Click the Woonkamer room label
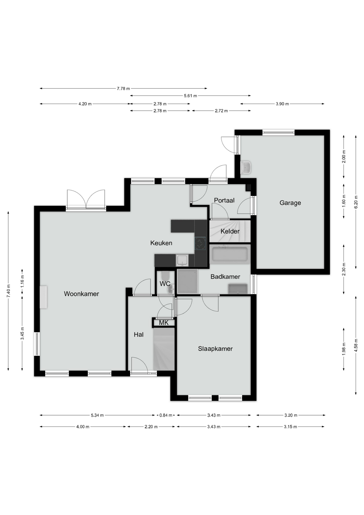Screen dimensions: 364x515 (81, 294)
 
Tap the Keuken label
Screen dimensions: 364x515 (161, 243)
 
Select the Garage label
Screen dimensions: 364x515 (290, 203)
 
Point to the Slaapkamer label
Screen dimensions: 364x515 (215, 349)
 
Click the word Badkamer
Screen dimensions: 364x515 (225, 277)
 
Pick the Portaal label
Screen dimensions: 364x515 (224, 200)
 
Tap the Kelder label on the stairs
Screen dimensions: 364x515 (230, 231)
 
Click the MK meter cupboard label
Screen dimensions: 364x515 (164, 323)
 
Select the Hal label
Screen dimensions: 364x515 (139, 334)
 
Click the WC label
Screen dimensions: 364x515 (165, 284)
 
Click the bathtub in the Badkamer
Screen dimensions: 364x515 (230, 254)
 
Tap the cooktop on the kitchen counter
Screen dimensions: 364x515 (200, 244)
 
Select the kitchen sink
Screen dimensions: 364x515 (182, 260)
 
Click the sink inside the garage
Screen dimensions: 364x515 (246, 168)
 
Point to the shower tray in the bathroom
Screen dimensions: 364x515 (187, 281)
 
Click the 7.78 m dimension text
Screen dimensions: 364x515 (123, 89)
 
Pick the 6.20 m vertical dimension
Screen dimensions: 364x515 (356, 202)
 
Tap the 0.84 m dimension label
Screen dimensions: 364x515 (166, 415)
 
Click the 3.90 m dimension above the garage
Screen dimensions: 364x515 (282, 104)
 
